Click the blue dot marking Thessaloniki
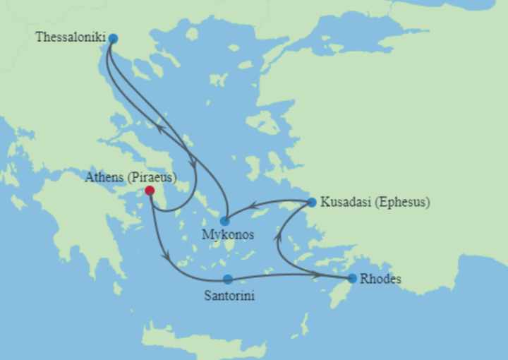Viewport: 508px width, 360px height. point(113,38)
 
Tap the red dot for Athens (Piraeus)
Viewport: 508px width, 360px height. point(150,191)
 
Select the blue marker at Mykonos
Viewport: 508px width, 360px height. point(225,221)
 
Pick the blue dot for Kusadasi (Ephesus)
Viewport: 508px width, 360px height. point(312,203)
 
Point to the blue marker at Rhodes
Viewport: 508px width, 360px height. point(352,278)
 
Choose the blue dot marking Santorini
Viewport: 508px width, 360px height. point(228,280)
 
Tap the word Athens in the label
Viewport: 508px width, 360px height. point(104,177)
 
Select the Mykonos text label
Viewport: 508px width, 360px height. point(228,234)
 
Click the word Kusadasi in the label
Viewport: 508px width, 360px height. point(345,203)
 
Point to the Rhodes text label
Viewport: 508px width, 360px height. point(380,279)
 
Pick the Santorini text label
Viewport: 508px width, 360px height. point(229,296)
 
